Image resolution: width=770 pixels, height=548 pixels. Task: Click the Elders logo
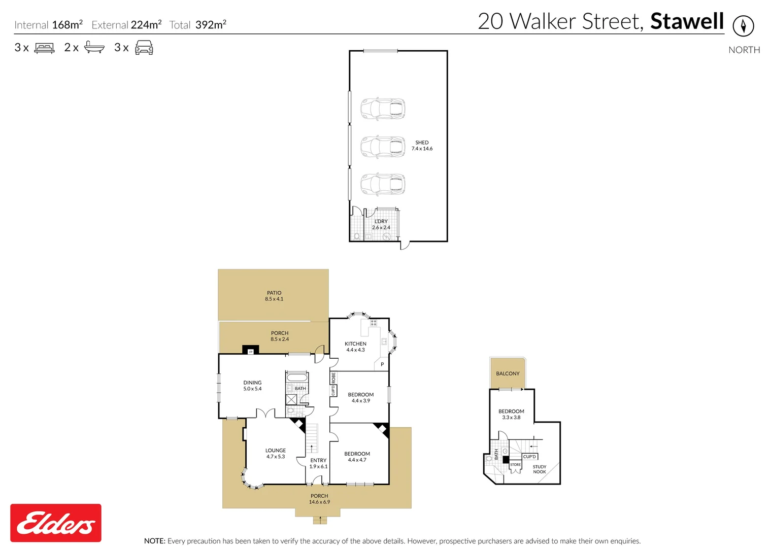click(x=56, y=523)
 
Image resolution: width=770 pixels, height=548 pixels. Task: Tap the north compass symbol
click(x=743, y=26)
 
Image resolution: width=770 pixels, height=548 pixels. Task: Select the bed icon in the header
click(x=44, y=48)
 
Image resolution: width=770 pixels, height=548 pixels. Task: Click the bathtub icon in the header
click(x=94, y=47)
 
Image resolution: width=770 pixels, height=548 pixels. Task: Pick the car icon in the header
click(x=144, y=47)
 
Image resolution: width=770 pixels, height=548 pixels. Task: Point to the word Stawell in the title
click(x=687, y=21)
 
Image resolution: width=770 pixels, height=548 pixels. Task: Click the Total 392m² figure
click(x=197, y=25)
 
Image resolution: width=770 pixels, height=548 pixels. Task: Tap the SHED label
click(x=422, y=143)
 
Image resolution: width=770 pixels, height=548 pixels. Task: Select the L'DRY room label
click(x=381, y=222)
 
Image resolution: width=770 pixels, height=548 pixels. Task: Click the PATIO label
click(x=274, y=293)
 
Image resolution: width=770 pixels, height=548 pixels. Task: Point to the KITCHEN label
click(x=355, y=344)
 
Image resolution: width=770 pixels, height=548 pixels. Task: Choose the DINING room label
click(x=252, y=383)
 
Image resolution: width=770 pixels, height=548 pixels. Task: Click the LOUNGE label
click(x=275, y=451)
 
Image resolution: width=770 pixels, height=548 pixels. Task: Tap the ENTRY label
click(x=318, y=460)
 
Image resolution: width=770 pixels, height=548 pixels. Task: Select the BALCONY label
click(x=508, y=373)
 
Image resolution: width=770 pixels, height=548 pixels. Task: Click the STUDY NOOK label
click(x=540, y=469)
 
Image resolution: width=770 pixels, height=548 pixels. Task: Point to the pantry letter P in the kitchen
click(x=382, y=364)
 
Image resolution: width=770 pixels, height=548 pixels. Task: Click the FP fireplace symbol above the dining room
click(x=251, y=352)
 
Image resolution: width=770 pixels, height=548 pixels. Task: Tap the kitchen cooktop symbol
click(x=373, y=323)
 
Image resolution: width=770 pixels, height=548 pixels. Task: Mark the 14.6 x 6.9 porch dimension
click(x=319, y=502)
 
